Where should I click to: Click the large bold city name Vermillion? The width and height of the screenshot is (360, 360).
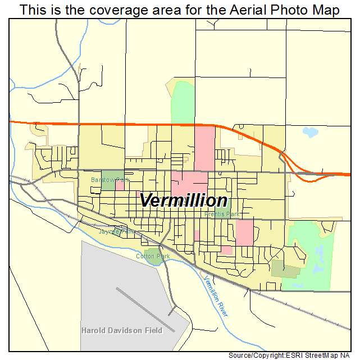tap(183, 200)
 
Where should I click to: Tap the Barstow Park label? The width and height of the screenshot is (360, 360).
tap(110, 180)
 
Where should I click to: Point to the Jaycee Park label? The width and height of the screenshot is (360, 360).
tap(116, 231)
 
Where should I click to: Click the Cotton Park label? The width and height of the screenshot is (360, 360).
tap(153, 256)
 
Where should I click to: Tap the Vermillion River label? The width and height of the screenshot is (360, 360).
tap(216, 297)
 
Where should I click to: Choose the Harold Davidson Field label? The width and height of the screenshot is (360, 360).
tap(121, 330)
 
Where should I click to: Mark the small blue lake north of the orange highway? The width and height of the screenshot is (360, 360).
tap(309, 133)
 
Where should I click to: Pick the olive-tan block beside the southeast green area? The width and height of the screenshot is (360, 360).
tap(285, 269)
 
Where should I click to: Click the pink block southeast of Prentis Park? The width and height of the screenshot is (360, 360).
tap(244, 233)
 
